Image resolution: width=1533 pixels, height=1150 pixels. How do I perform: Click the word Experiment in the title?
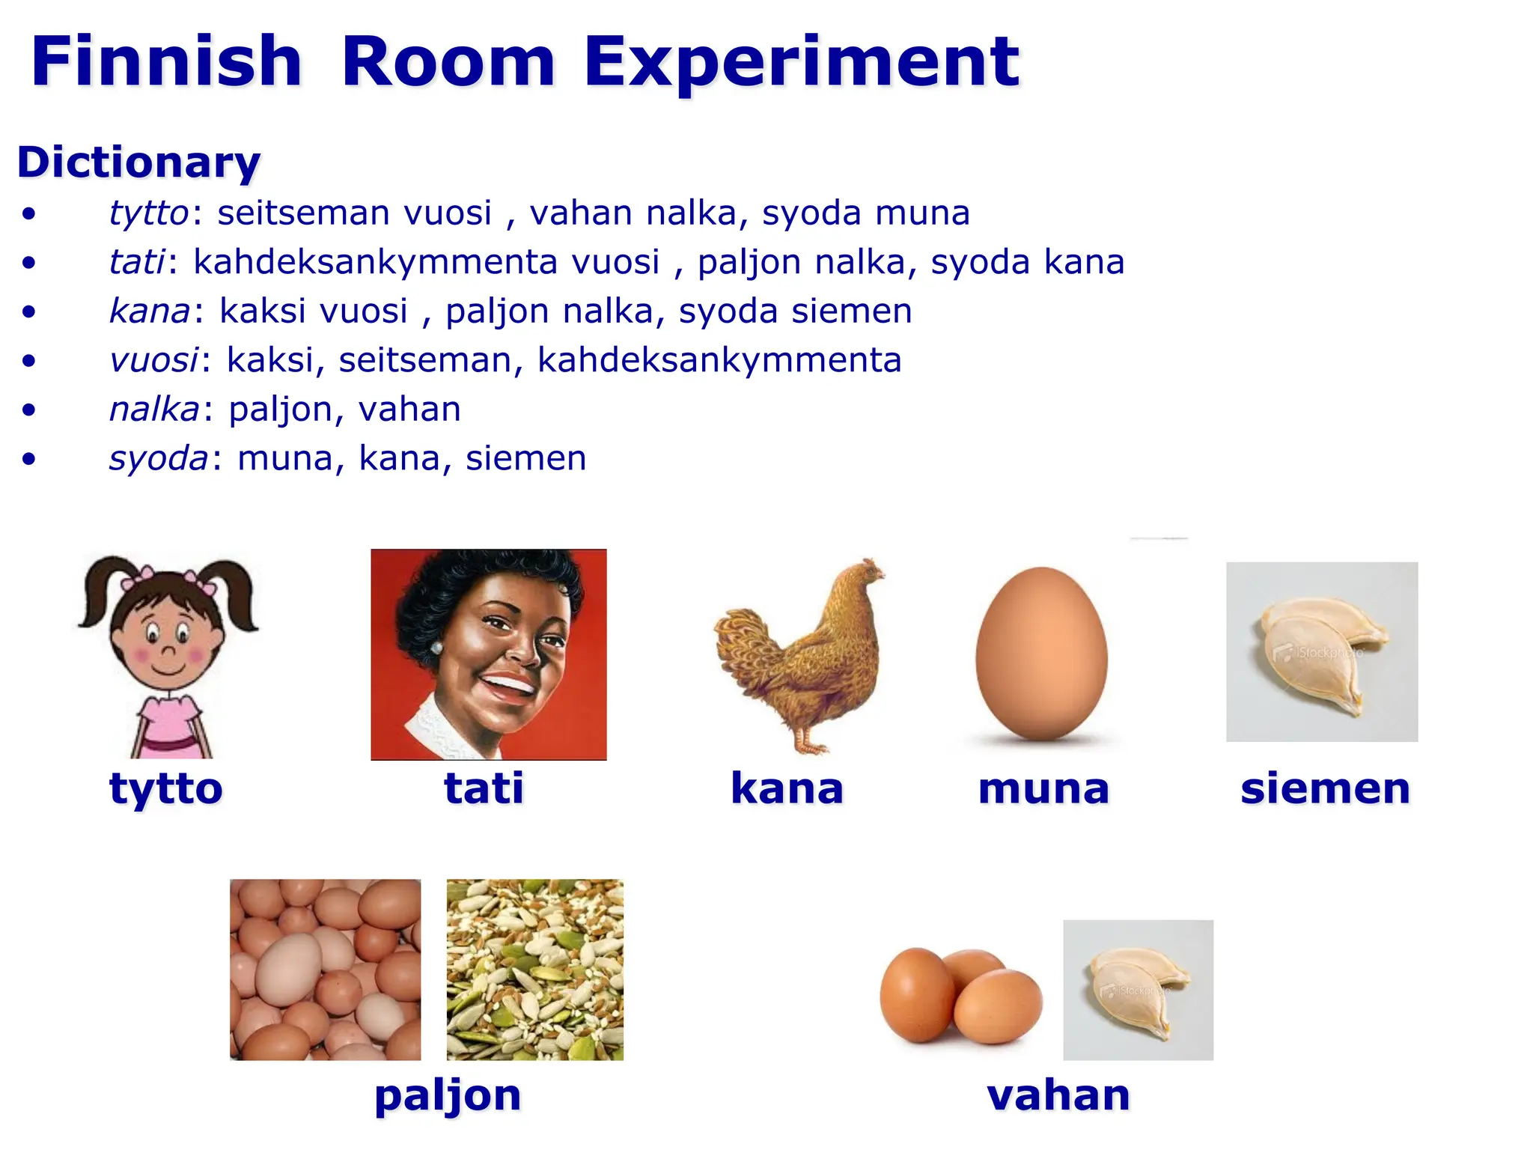(801, 61)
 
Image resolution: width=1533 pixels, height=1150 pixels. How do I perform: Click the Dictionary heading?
(139, 162)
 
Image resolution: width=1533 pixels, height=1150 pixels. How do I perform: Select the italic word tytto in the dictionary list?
(148, 213)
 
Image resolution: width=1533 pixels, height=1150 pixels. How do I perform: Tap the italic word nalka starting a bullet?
(154, 410)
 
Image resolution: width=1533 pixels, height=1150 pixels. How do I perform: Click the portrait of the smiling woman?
(488, 654)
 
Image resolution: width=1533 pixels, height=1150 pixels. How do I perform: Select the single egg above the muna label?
(1041, 654)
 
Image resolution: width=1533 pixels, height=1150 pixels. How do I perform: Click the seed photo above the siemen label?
(1322, 651)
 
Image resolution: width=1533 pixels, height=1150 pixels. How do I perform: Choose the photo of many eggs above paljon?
(325, 970)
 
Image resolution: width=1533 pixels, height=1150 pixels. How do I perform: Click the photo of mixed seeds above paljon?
(534, 970)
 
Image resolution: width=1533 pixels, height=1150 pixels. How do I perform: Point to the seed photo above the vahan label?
(1138, 990)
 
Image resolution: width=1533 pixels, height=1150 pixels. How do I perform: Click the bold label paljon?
(448, 1096)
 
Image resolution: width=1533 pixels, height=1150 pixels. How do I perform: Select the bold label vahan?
(1058, 1095)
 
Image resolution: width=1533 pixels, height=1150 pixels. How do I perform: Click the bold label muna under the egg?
(1043, 788)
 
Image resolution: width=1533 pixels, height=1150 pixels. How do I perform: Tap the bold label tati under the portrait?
(484, 788)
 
